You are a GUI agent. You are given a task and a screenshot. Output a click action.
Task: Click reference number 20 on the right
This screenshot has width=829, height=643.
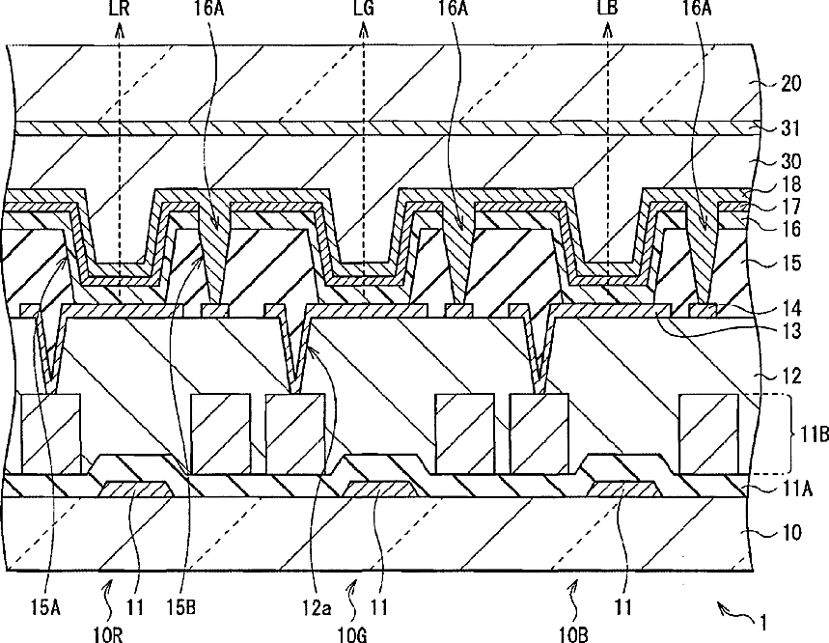pyautogui.click(x=790, y=83)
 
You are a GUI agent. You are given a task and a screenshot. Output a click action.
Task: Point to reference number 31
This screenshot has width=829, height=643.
pyautogui.click(x=790, y=128)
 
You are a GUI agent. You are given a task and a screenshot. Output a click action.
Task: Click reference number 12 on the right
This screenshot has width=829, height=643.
pyautogui.click(x=790, y=375)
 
